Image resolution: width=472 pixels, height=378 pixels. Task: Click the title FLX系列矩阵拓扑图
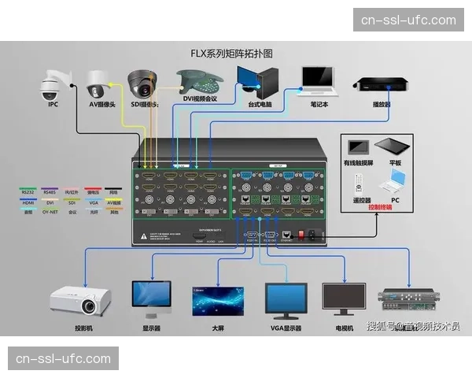point(236,54)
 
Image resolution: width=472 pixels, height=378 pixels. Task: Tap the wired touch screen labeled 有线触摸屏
point(359,148)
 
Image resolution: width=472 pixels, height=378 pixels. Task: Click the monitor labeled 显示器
point(151,298)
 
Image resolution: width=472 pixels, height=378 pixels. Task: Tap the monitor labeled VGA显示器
point(286,298)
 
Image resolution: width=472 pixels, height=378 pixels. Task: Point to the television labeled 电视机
point(345,298)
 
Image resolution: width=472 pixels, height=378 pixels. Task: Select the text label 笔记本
point(319,103)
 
